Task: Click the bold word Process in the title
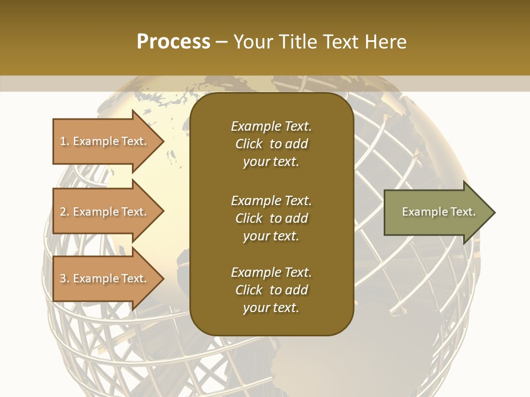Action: click(x=173, y=42)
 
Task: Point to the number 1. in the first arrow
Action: click(x=65, y=142)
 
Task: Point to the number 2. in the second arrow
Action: click(x=65, y=212)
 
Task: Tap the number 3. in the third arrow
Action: click(x=65, y=279)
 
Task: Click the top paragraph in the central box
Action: click(x=271, y=144)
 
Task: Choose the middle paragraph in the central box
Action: click(x=271, y=218)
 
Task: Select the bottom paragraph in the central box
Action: click(x=271, y=290)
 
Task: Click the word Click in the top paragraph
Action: click(x=248, y=144)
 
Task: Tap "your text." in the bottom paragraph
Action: click(x=271, y=308)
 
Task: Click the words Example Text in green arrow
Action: click(x=438, y=212)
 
